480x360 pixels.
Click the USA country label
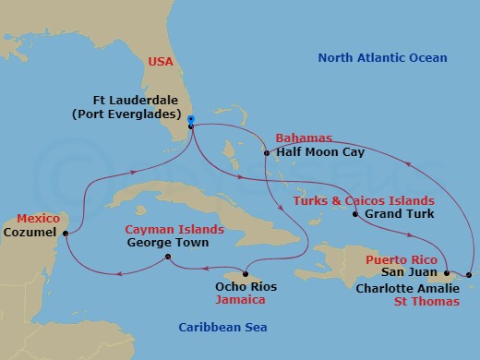pos(161,63)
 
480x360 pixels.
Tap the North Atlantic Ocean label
pos(382,58)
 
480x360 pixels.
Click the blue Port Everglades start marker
pos(190,119)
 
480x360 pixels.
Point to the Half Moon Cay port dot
pos(265,153)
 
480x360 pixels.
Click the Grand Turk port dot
pos(355,215)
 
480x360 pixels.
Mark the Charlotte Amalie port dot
pos(469,274)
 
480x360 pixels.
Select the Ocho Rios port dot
pos(246,273)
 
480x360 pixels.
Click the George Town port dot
pos(166,258)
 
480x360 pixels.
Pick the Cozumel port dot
pos(65,234)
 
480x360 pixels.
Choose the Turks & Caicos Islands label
pos(364,200)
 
